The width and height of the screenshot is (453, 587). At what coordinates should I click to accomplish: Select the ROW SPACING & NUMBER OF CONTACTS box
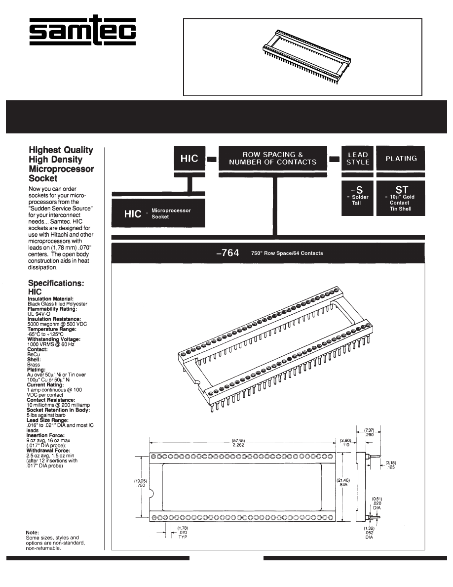point(273,158)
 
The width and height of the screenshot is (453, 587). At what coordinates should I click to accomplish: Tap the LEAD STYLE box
point(358,158)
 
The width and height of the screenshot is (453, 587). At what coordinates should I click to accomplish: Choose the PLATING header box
point(401,158)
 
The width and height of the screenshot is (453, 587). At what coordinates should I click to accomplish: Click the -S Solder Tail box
point(357,198)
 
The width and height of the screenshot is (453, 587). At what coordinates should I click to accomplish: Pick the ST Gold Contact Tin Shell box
point(401,198)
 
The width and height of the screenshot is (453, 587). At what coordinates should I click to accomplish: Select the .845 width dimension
point(344,485)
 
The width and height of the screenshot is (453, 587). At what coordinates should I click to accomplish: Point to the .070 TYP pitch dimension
point(183,533)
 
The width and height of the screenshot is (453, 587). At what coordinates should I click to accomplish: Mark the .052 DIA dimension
point(369,537)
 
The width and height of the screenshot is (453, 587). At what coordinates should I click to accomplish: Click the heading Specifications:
point(56,284)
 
